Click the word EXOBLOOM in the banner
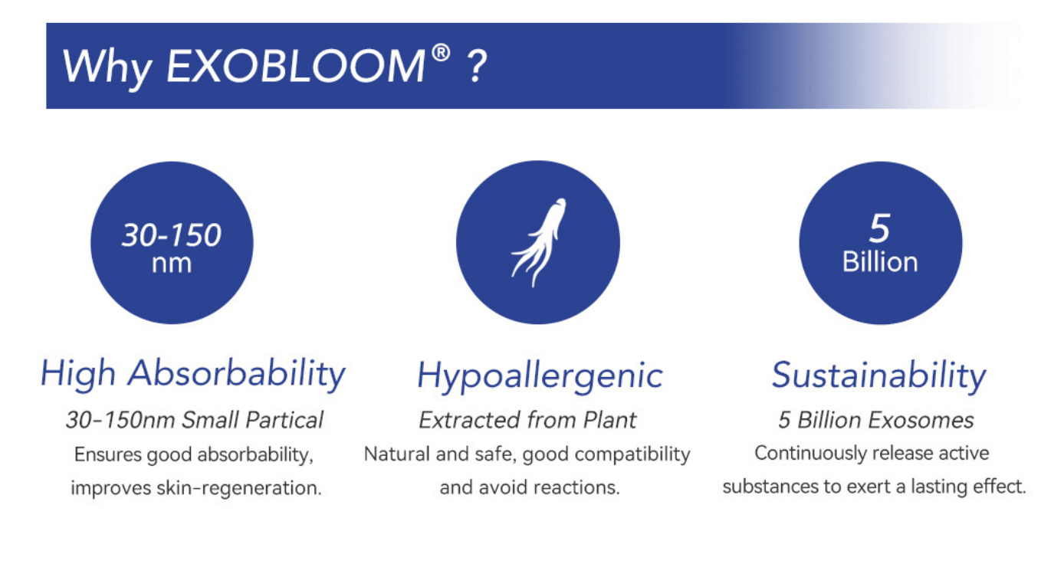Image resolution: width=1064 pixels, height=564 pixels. coord(294,67)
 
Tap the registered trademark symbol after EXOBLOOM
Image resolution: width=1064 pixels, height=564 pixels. coord(440,54)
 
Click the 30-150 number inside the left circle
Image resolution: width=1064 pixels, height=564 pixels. coord(172,235)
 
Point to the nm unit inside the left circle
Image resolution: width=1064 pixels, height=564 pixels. coord(172,263)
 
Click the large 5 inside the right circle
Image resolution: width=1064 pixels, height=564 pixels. coord(879,228)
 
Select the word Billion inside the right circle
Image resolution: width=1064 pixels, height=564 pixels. coord(879,262)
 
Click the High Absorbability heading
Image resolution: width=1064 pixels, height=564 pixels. coord(193,374)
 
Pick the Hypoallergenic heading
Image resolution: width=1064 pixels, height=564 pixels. coord(540,375)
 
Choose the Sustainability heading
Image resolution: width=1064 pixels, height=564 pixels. coord(878,375)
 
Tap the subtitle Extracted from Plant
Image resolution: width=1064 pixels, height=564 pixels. coord(527,420)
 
